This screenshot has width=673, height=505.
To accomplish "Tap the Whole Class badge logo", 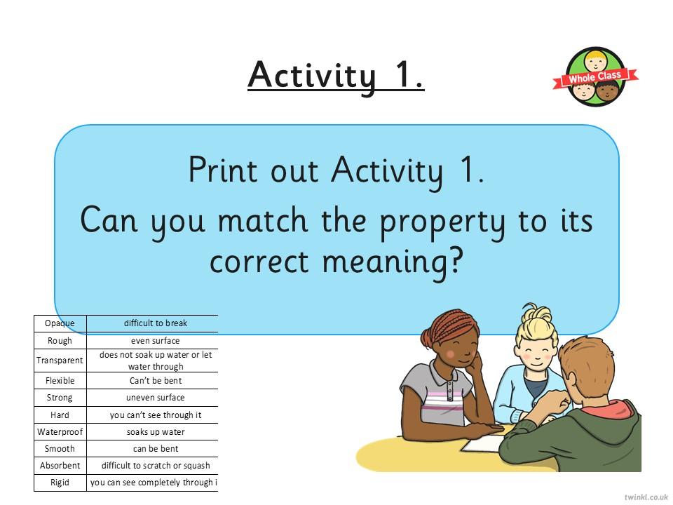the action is point(595,77).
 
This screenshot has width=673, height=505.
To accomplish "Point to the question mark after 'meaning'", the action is point(456,260).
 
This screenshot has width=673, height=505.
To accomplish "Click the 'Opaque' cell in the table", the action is point(60,323).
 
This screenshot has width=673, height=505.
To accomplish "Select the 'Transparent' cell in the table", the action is point(60,361).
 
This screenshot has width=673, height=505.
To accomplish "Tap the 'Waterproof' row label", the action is point(60,431).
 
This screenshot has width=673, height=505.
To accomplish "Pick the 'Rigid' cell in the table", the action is point(60,483).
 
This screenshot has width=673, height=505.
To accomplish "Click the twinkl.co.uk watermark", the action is point(646,497).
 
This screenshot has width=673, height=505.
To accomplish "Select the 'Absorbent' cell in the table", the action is point(60,466).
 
